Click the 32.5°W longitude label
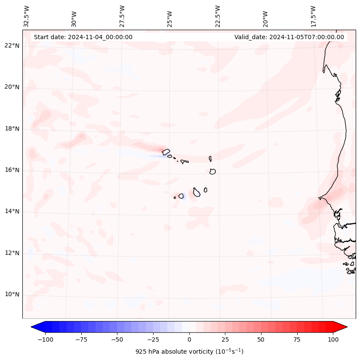[27, 16]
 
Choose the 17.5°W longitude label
[314, 16]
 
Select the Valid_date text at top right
[289, 37]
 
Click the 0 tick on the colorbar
[189, 339]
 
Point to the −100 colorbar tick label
[45, 339]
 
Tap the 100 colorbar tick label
[333, 339]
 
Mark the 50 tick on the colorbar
[261, 339]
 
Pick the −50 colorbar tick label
[117, 339]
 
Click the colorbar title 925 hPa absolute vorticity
[189, 352]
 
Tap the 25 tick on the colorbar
[225, 339]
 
